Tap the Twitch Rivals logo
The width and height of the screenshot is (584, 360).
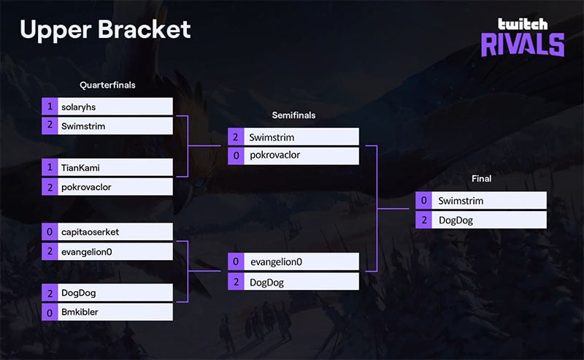pyautogui.click(x=522, y=37)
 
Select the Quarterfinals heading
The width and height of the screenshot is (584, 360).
pyautogui.click(x=107, y=85)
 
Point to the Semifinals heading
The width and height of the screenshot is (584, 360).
pyautogui.click(x=293, y=115)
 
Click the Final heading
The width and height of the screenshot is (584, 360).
pyautogui.click(x=481, y=179)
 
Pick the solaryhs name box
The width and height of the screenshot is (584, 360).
pyautogui.click(x=115, y=107)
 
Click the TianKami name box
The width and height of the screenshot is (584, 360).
pyautogui.click(x=115, y=167)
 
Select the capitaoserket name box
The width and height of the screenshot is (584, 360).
pyautogui.click(x=115, y=232)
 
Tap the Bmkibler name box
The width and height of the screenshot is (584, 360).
pyautogui.click(x=115, y=313)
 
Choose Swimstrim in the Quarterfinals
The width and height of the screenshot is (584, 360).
pyautogui.click(x=115, y=126)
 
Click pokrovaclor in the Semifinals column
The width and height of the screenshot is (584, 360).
pyautogui.click(x=301, y=156)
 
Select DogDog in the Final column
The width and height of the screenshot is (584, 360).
pyautogui.click(x=489, y=220)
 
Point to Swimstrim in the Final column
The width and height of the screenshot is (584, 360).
pyautogui.click(x=489, y=201)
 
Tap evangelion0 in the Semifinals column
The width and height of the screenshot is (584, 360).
pyautogui.click(x=301, y=261)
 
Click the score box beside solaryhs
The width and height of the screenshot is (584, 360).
pyautogui.click(x=50, y=107)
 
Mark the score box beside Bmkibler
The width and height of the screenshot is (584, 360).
pyautogui.click(x=50, y=313)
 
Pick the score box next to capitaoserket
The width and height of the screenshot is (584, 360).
pyautogui.click(x=50, y=232)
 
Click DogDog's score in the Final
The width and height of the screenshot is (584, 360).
pyautogui.click(x=424, y=220)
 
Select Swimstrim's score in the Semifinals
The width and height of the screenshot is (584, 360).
pyautogui.click(x=236, y=137)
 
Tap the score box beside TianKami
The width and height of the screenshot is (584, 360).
pyautogui.click(x=50, y=167)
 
